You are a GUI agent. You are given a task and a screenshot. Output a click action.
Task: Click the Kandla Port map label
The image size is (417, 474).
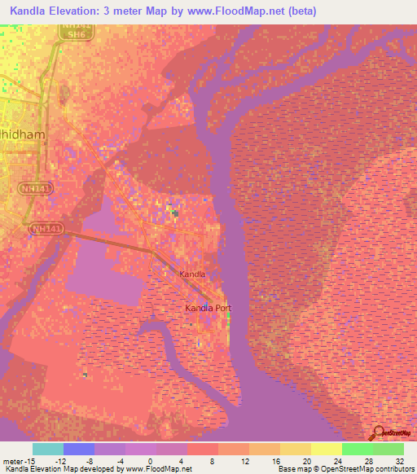pyautogui.click(x=208, y=309)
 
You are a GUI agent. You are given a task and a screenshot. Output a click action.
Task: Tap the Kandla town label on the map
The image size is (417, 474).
pyautogui.click(x=193, y=275)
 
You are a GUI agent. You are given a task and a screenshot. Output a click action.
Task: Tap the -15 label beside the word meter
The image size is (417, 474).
pyautogui.click(x=28, y=460)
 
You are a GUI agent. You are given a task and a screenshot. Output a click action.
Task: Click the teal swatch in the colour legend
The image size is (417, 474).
pyautogui.click(x=48, y=449)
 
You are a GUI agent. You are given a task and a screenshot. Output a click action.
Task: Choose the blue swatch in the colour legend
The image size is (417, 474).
pyautogui.click(x=79, y=449)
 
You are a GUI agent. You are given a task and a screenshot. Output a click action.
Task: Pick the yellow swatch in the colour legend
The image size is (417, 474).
pyautogui.click(x=327, y=449)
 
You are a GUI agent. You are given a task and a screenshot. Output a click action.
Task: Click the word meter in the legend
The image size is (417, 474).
pyautogui.click(x=11, y=460)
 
